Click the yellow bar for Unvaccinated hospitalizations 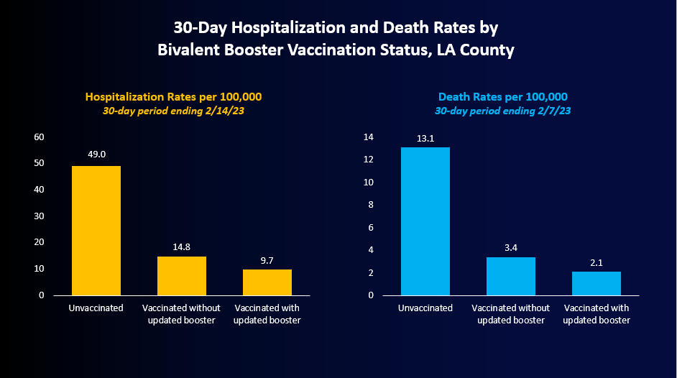[x=96, y=230]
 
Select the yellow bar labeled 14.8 [x=182, y=275]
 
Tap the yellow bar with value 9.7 [x=267, y=282]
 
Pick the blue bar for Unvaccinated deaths [x=425, y=221]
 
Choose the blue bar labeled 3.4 [x=511, y=276]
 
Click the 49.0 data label [x=96, y=153]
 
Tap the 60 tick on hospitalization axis [x=40, y=137]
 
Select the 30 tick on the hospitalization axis [x=40, y=216]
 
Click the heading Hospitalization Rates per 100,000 [x=173, y=97]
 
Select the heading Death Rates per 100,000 [x=503, y=97]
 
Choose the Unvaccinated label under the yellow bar [x=96, y=308]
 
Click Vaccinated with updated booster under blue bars [x=597, y=314]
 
